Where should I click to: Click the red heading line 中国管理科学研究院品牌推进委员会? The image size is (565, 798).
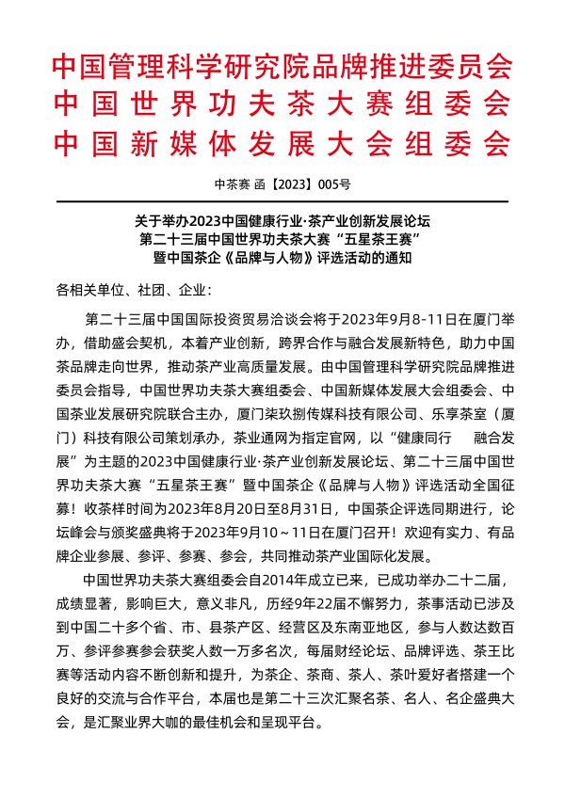[x=282, y=68]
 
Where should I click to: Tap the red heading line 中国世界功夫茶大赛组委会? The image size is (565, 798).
[x=282, y=105]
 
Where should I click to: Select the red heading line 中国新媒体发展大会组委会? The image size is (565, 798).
[x=282, y=143]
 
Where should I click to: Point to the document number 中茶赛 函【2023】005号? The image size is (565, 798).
[x=282, y=184]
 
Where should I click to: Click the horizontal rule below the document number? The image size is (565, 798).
[x=282, y=201]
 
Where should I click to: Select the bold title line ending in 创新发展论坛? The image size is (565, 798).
[x=282, y=222]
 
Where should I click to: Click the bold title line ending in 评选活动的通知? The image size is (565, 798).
[x=282, y=260]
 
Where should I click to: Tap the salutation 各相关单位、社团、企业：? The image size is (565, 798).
[x=135, y=289]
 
